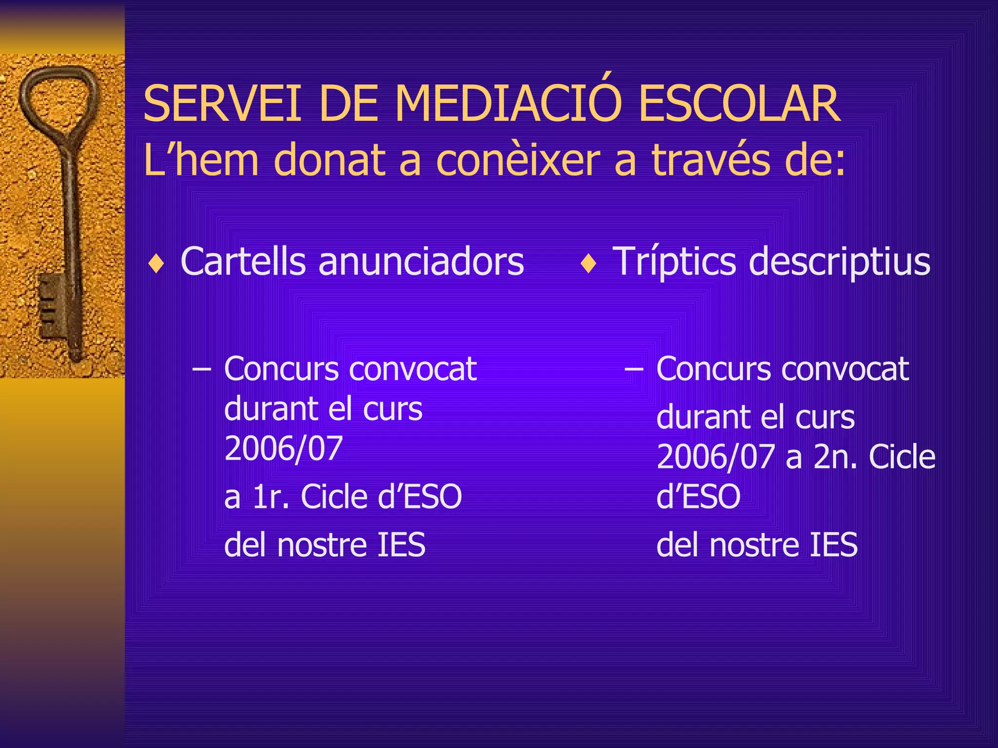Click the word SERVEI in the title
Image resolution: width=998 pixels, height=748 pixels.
(x=222, y=104)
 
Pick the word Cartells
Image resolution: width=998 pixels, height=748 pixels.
(x=243, y=261)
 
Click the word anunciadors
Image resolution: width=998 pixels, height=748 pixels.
(x=421, y=262)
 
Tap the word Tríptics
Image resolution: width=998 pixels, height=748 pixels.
(x=674, y=262)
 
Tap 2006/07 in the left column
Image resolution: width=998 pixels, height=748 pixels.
(x=284, y=448)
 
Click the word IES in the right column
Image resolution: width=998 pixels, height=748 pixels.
(x=833, y=544)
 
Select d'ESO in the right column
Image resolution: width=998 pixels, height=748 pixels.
(x=698, y=497)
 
